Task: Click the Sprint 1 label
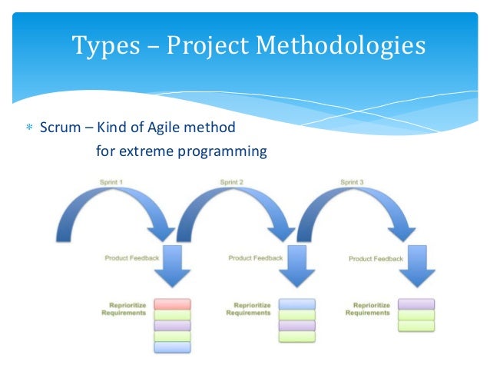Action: (111, 182)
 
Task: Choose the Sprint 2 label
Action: (232, 182)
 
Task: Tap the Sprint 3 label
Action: (353, 182)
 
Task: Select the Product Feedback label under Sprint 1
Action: (132, 257)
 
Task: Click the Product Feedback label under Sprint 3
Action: (376, 259)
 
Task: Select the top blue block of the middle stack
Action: (296, 304)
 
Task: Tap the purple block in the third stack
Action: (416, 304)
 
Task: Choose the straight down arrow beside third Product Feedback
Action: (418, 264)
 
